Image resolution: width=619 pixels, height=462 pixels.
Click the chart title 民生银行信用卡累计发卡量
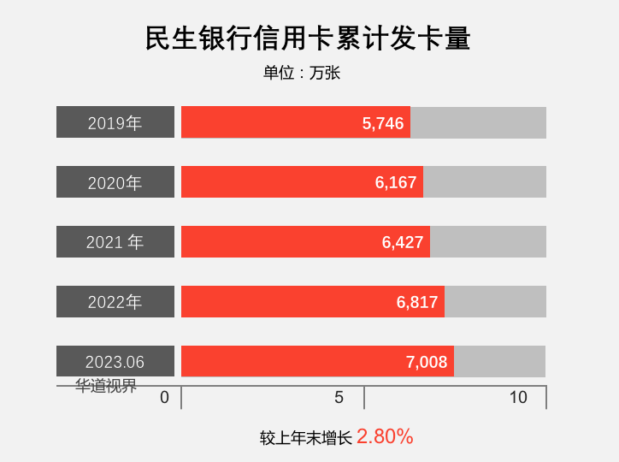[309, 39]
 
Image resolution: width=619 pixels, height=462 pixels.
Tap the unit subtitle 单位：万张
[302, 74]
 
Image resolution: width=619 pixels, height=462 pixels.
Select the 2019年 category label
[115, 122]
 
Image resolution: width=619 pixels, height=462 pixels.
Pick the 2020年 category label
[115, 182]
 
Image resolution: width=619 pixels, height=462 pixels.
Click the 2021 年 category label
[115, 242]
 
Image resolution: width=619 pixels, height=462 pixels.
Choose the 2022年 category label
[115, 302]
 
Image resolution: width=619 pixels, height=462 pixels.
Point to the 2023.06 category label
[115, 362]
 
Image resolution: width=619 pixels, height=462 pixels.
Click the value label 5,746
[383, 123]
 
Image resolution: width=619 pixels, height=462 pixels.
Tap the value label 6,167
[396, 183]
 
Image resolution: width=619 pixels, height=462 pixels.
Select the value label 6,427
[403, 243]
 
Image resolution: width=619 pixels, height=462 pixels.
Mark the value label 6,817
[417, 303]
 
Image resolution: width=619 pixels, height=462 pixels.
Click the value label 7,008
[427, 363]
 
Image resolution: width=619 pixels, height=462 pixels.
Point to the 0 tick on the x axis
[165, 398]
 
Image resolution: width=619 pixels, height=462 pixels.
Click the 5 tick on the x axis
[339, 398]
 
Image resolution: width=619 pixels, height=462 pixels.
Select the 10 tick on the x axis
[518, 398]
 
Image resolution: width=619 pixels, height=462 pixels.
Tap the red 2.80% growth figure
[385, 436]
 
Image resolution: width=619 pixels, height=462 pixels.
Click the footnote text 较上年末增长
[306, 438]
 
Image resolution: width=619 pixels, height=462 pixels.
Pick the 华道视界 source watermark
[106, 386]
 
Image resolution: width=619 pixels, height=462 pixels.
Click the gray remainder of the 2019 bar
[478, 122]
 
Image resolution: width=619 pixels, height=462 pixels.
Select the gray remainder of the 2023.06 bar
[500, 362]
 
